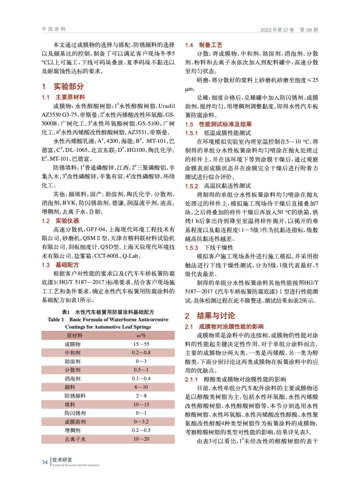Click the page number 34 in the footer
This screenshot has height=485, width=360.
[45, 462]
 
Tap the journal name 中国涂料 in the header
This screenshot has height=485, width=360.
[54, 29]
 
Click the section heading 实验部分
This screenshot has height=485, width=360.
[69, 86]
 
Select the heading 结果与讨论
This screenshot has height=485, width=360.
[216, 316]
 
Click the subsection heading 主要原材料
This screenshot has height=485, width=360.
[70, 97]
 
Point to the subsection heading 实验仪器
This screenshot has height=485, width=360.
[67, 221]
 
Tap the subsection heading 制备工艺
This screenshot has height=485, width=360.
[210, 45]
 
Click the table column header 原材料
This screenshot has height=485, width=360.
[74, 336]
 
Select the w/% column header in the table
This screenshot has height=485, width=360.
[141, 336]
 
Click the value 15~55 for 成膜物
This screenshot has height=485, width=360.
[141, 344]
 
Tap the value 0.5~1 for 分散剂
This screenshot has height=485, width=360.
[141, 370]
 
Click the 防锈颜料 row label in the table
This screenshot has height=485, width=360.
[75, 396]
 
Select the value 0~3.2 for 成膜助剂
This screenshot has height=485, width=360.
[141, 422]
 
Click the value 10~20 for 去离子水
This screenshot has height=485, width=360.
[141, 439]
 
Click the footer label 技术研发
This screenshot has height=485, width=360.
[62, 460]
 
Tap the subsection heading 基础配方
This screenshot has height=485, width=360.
[67, 265]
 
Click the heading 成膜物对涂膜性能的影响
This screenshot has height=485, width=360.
[231, 326]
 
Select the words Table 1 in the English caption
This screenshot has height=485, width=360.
[56, 319]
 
